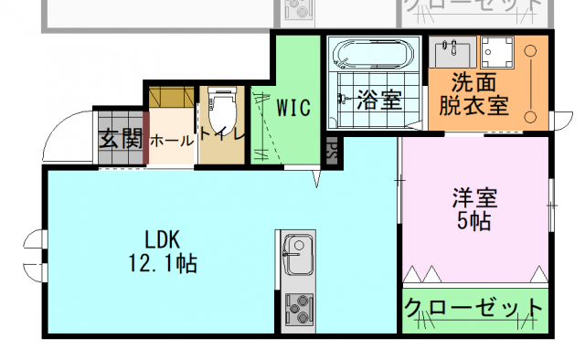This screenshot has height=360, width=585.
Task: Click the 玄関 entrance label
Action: pyautogui.click(x=120, y=140)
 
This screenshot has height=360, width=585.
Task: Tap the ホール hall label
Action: pyautogui.click(x=171, y=141)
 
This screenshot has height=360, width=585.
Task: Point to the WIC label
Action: pyautogui.click(x=294, y=107)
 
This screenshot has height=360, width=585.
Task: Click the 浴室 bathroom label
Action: pyautogui.click(x=379, y=101)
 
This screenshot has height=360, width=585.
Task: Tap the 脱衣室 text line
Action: pyautogui.click(x=473, y=104)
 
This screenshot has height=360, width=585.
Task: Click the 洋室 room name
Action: pyautogui.click(x=474, y=196)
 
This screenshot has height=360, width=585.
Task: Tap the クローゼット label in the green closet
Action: pyautogui.click(x=473, y=307)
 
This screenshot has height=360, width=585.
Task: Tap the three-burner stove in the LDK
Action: pyautogui.click(x=297, y=310)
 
